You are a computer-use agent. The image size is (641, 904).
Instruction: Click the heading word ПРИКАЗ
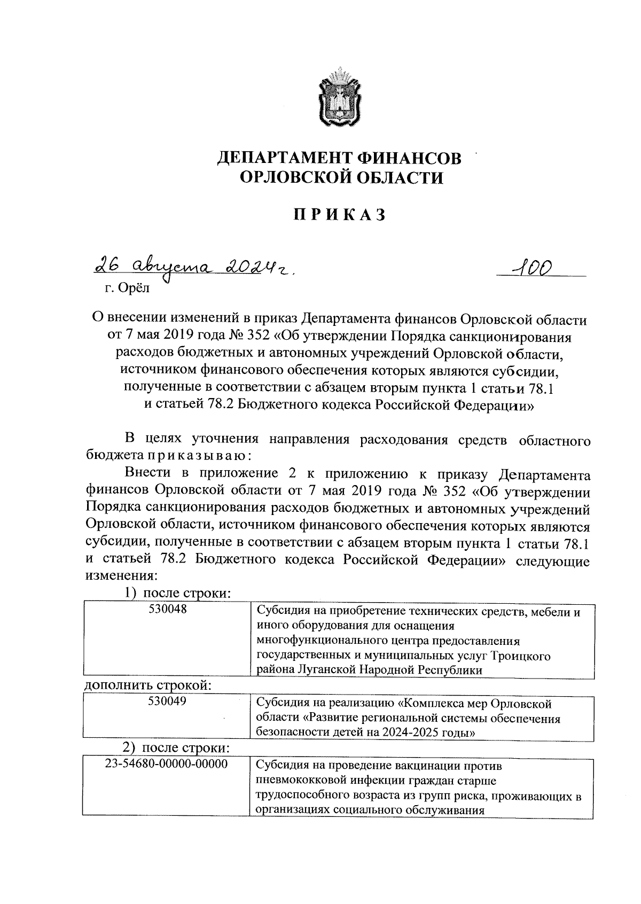(339, 214)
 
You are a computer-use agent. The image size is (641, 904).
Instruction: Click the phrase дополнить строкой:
(148, 685)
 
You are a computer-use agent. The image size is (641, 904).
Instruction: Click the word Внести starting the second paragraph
(147, 473)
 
